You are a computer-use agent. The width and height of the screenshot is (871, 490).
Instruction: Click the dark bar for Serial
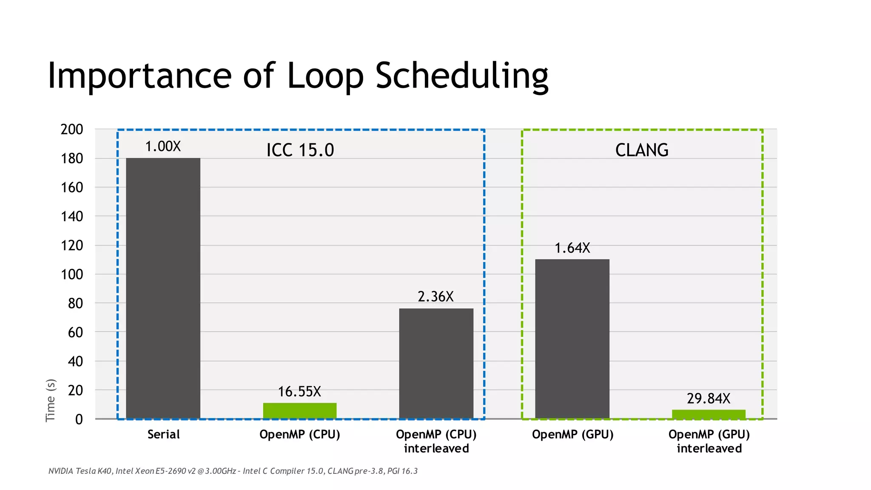[163, 288]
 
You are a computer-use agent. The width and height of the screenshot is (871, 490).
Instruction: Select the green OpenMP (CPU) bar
[299, 410]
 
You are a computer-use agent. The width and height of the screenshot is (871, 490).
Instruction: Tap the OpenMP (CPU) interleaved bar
[436, 363]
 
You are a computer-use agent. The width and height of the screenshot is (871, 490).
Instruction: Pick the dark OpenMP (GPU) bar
[572, 339]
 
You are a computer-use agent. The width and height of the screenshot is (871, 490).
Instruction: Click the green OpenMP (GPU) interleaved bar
[709, 414]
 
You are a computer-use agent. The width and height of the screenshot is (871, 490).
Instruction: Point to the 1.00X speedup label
[163, 146]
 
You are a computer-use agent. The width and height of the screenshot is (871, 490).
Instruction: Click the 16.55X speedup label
[299, 391]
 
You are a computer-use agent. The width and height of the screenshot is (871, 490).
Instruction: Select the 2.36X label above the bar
[436, 296]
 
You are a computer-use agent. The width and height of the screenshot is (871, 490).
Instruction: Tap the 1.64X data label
[572, 248]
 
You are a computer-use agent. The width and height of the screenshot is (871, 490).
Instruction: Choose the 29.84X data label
[709, 399]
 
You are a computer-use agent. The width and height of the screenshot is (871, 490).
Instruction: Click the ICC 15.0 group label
[300, 150]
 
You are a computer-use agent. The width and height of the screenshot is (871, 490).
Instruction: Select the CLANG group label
[642, 150]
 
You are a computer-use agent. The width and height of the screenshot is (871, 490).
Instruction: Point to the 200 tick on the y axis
[72, 129]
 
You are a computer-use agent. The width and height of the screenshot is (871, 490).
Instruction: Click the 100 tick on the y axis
[72, 274]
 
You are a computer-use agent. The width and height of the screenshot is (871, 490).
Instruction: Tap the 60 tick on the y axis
[75, 332]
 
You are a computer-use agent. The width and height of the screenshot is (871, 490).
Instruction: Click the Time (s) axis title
[50, 400]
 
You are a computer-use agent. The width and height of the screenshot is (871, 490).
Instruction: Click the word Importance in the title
[139, 76]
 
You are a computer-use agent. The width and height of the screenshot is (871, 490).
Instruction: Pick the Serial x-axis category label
[163, 434]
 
